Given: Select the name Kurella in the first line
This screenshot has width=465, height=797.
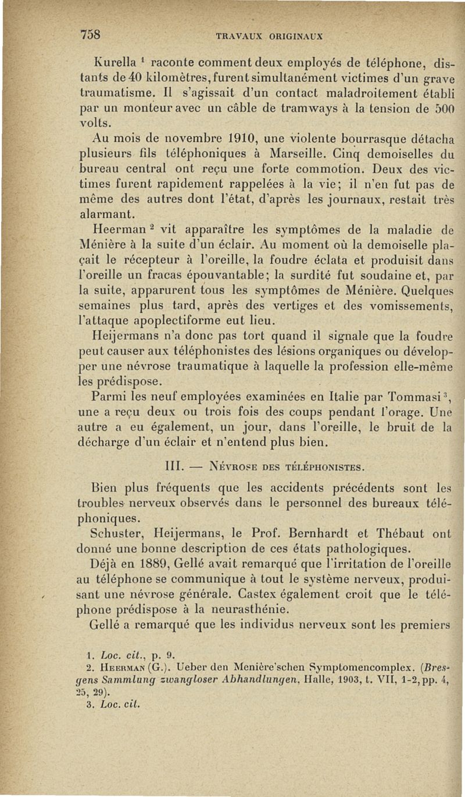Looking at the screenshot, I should click(x=112, y=61).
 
